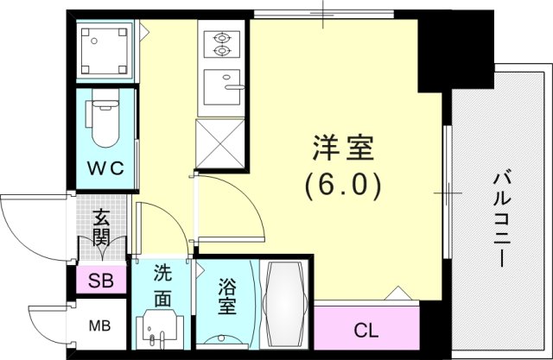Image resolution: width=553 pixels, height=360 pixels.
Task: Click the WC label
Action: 105,168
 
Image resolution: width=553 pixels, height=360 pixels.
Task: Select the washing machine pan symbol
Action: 104,51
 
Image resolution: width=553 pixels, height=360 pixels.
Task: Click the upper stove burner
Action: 221,37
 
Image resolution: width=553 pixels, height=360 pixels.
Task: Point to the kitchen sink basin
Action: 222,87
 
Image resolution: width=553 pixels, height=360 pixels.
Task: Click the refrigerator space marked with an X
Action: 220,144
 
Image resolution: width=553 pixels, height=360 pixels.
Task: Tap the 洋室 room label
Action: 343,148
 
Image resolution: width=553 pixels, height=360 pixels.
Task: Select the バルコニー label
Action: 502,219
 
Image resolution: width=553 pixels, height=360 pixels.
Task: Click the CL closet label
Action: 365,331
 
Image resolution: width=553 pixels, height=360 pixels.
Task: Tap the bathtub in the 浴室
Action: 285,304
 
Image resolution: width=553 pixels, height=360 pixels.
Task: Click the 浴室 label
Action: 227,297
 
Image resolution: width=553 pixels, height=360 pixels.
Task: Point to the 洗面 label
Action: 162,287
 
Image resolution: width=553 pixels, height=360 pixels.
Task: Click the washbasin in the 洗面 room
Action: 160,329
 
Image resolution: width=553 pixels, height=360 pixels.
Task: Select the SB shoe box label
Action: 101,281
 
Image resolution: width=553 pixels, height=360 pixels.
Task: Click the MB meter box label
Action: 99,325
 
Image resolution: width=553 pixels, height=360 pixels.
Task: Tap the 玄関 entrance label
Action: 101,228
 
